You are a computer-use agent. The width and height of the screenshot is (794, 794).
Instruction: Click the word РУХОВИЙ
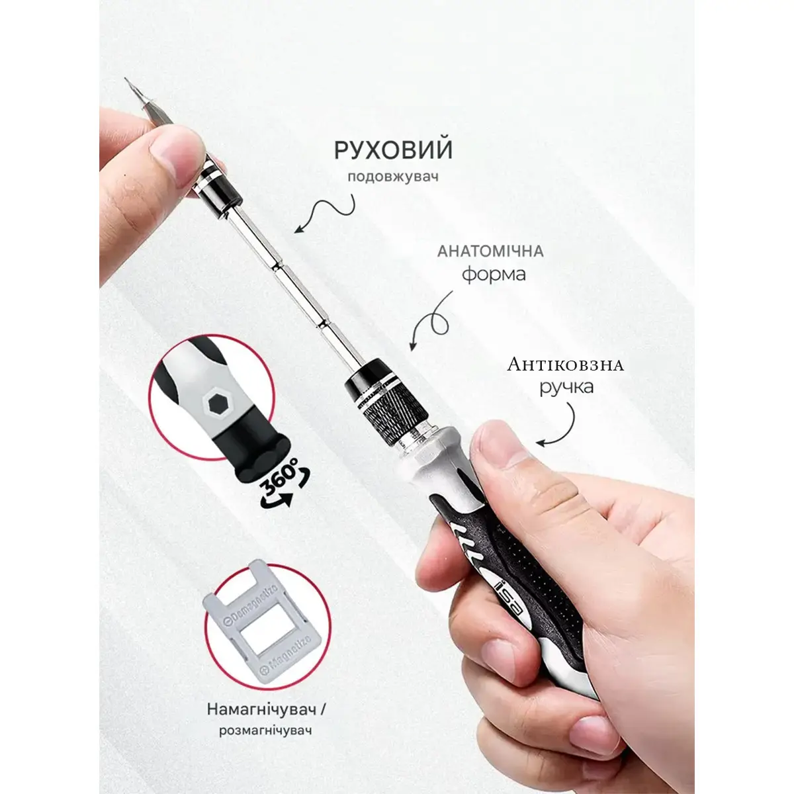coord(393,150)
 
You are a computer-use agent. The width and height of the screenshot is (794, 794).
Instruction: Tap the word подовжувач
coord(393,177)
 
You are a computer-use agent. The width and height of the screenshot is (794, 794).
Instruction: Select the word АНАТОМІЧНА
coord(490,251)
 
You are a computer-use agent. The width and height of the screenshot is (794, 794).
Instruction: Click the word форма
coord(494,274)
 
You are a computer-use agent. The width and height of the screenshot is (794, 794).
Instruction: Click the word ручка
coord(566,387)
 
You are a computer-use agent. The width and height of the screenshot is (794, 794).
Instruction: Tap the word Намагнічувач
coord(262,709)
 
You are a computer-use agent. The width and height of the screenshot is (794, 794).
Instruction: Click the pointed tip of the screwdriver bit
coord(126,78)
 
